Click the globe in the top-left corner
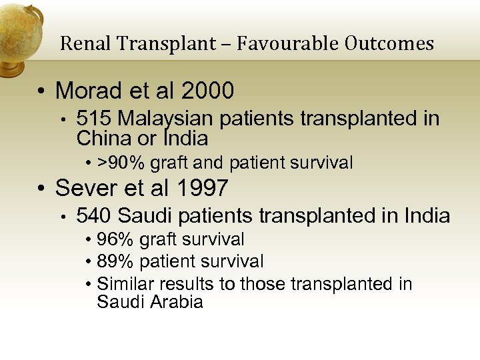tap(19, 33)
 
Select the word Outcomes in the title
tap(389, 44)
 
